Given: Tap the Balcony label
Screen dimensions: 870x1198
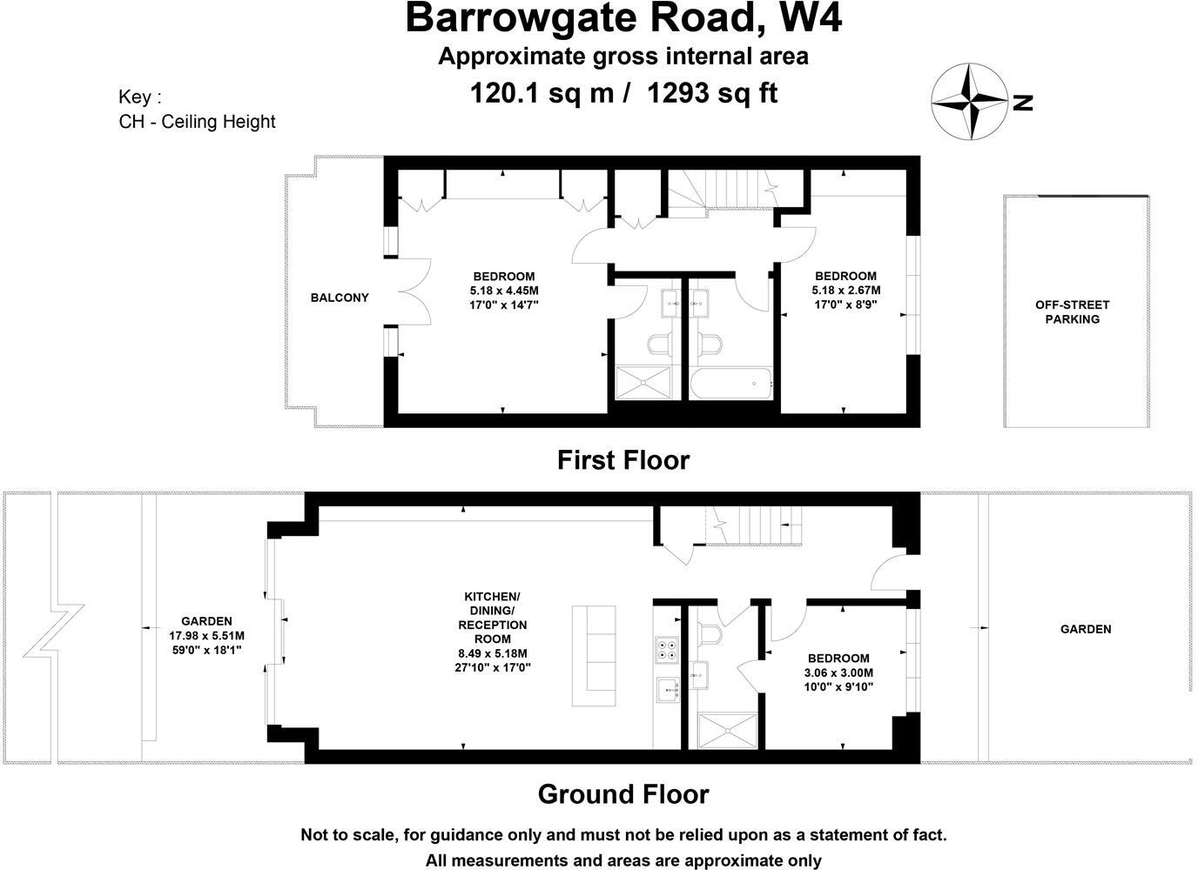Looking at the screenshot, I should [340, 298].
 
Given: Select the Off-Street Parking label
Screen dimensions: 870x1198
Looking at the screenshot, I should [1072, 311].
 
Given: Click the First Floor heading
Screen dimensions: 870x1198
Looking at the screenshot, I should [623, 459].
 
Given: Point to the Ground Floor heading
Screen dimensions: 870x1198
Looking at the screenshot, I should [623, 793].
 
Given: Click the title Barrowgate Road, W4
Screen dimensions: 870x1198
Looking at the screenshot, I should [623, 17].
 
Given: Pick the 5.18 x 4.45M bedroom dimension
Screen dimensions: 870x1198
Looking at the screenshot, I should [504, 291].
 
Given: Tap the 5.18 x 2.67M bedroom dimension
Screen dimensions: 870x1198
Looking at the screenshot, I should [846, 291].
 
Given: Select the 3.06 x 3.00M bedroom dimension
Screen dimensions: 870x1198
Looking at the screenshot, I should [839, 673].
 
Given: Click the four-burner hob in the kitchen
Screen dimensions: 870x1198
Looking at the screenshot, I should [667, 648].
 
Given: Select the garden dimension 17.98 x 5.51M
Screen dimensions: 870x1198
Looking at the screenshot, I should [206, 635].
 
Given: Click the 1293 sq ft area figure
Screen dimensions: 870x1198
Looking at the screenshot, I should [711, 92].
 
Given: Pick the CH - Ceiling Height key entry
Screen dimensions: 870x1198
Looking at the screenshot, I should [197, 121].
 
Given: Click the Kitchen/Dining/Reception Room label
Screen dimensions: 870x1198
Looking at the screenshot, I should [492, 618].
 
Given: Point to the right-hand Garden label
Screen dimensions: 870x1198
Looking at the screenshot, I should [1085, 629].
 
